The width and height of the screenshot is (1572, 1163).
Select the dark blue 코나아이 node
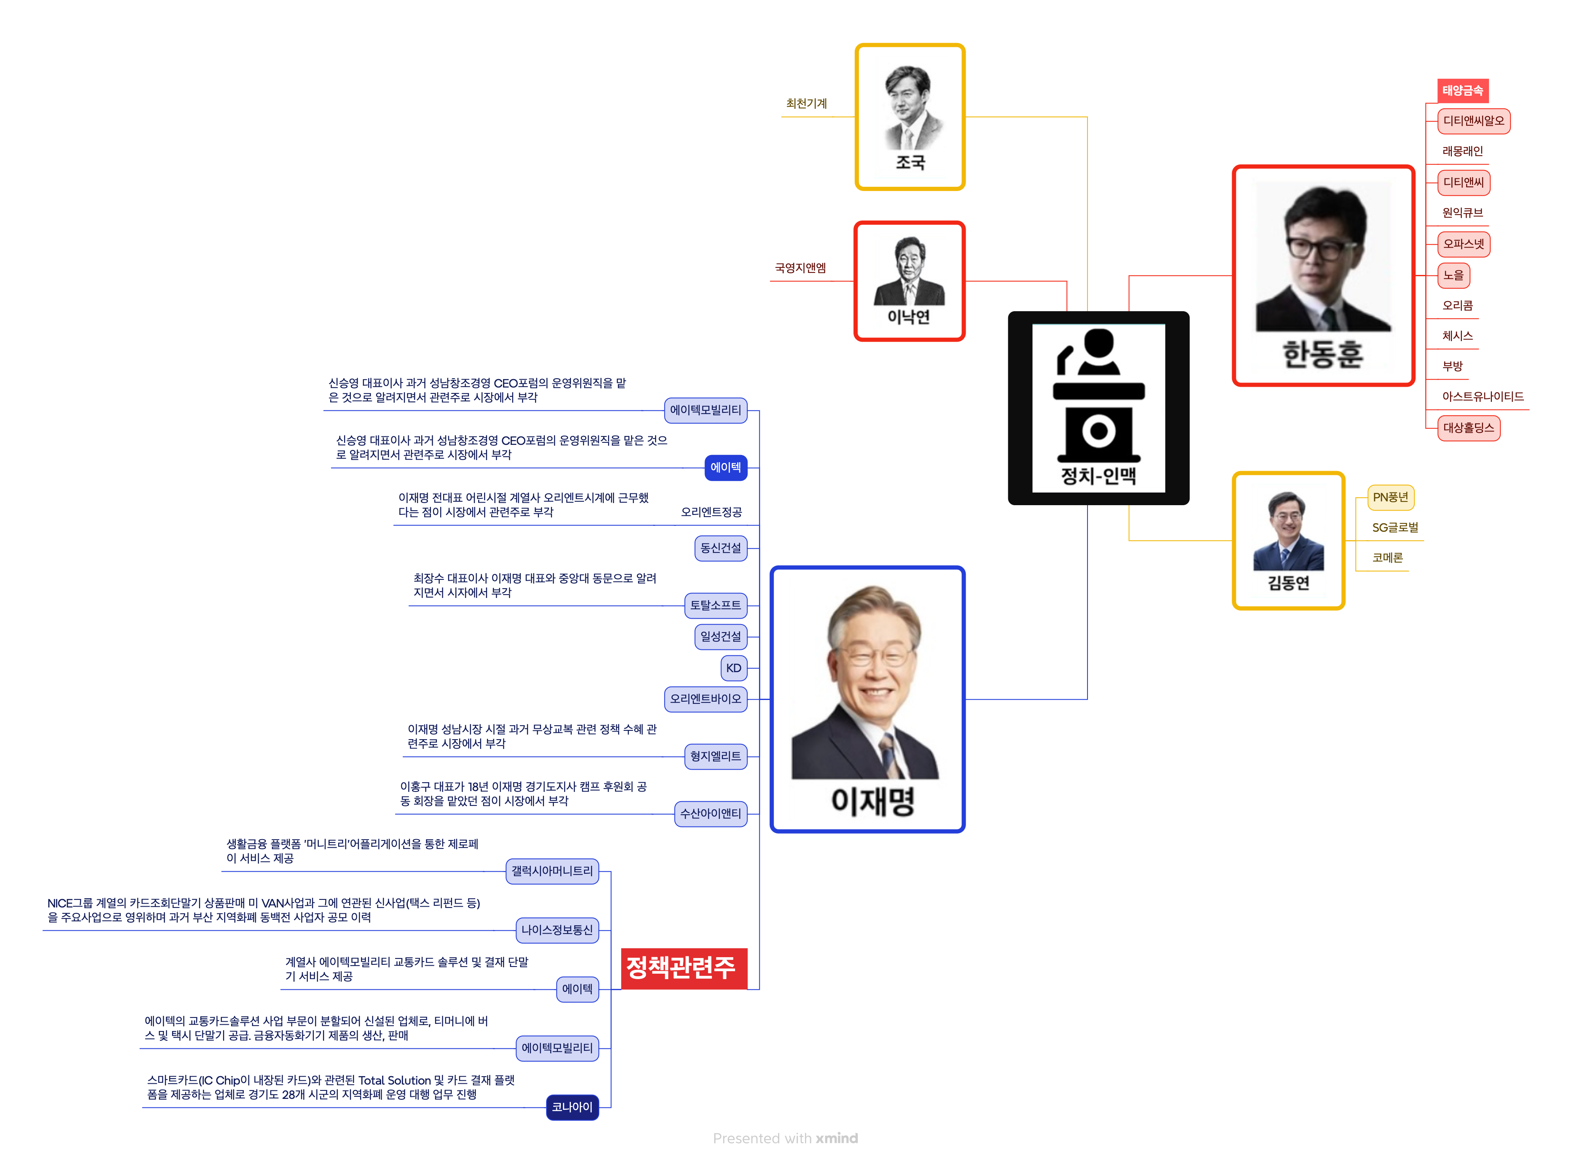[x=572, y=1107]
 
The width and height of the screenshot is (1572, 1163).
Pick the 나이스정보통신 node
[x=557, y=931]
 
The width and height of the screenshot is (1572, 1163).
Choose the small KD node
[x=734, y=668]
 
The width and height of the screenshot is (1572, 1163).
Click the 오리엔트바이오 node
[x=705, y=699]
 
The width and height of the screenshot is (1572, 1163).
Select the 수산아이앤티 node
[x=711, y=814]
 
